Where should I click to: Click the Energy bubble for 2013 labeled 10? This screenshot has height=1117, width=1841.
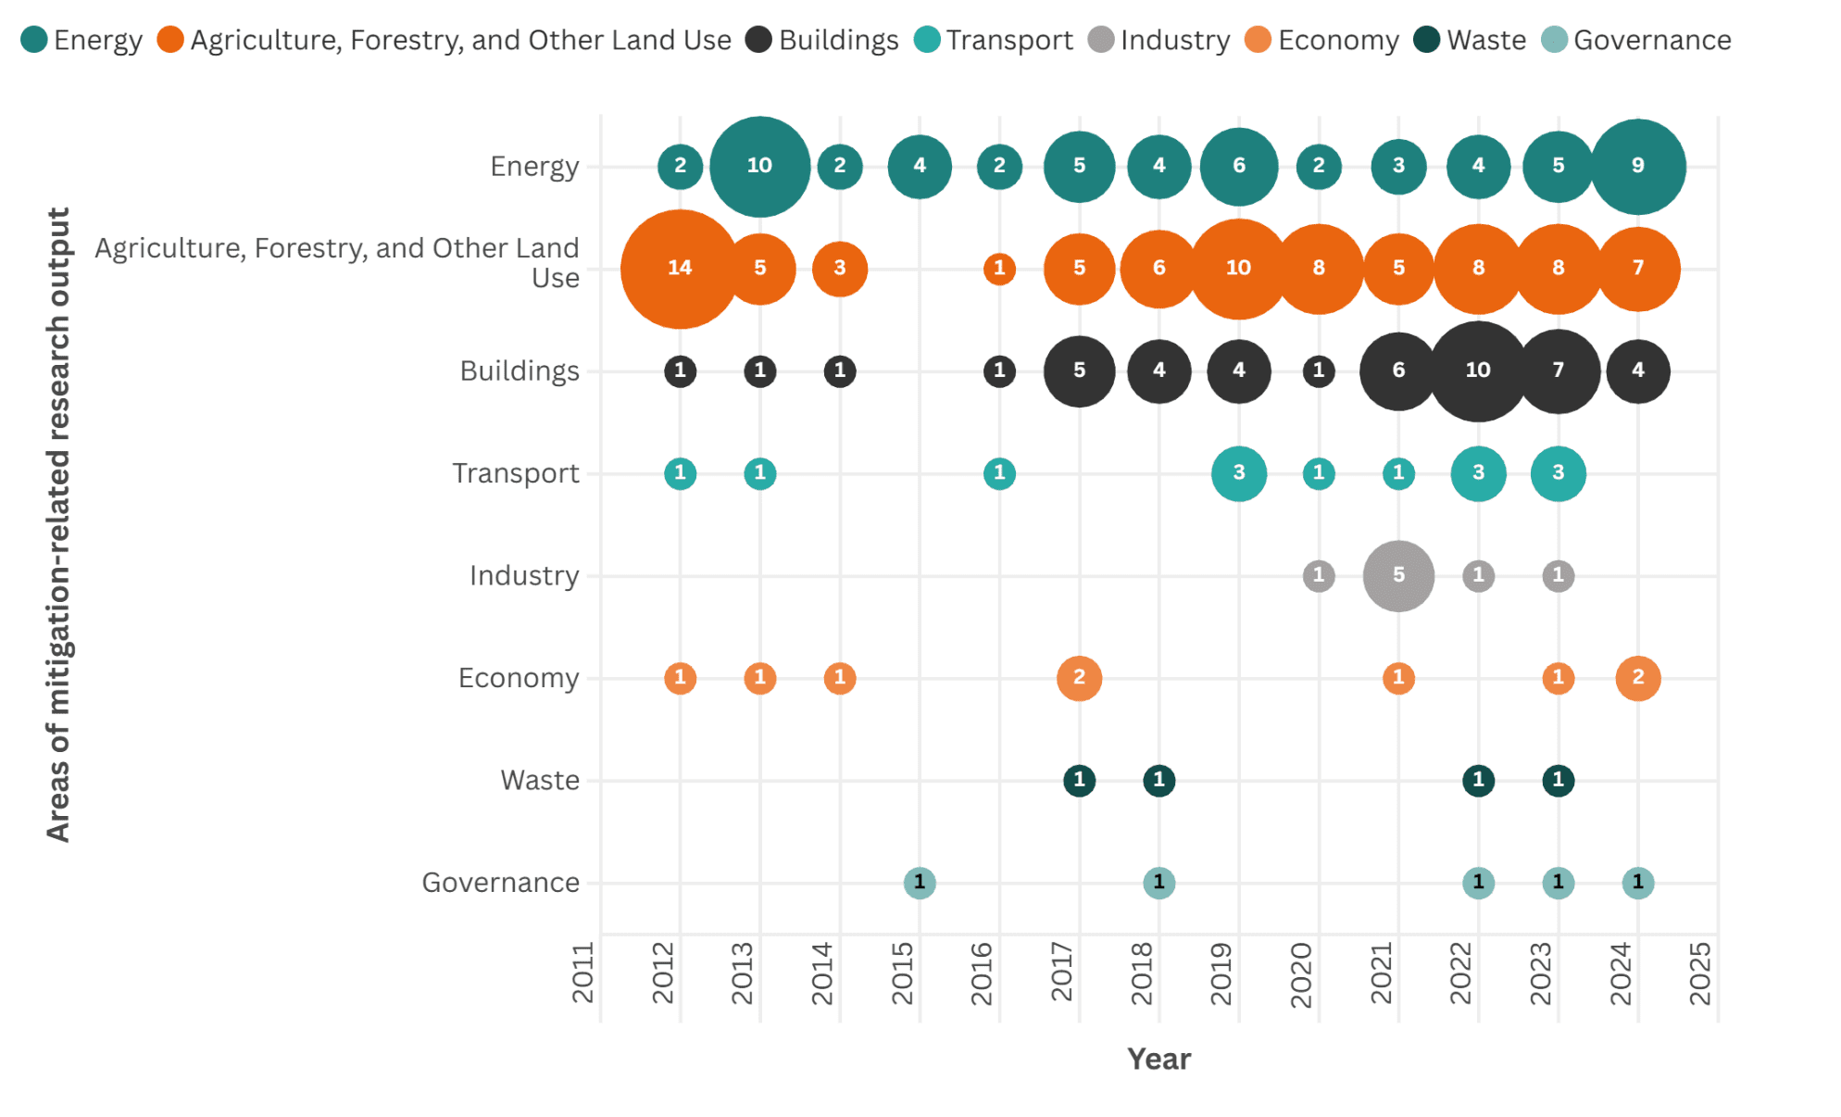point(759,167)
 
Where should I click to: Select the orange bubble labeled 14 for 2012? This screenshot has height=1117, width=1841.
point(680,269)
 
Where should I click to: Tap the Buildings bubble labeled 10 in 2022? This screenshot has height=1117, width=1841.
point(1478,370)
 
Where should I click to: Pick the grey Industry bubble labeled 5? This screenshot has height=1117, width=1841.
point(1398,575)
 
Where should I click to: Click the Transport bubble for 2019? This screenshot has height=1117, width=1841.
point(1238,473)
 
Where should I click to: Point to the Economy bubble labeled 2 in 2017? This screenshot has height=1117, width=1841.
point(1079,678)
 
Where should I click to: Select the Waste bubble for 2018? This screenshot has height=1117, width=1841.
point(1158,780)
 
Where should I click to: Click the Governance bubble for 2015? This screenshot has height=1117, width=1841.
point(919,883)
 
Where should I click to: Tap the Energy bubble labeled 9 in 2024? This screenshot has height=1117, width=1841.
point(1637,167)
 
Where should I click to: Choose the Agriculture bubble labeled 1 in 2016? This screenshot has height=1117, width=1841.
point(998,269)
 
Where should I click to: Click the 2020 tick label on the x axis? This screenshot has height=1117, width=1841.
point(1301,974)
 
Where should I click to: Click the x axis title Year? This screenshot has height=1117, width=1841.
point(1158,1059)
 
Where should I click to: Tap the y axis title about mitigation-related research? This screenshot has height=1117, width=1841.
point(57,524)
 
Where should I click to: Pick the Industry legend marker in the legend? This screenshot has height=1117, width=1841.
point(1100,40)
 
